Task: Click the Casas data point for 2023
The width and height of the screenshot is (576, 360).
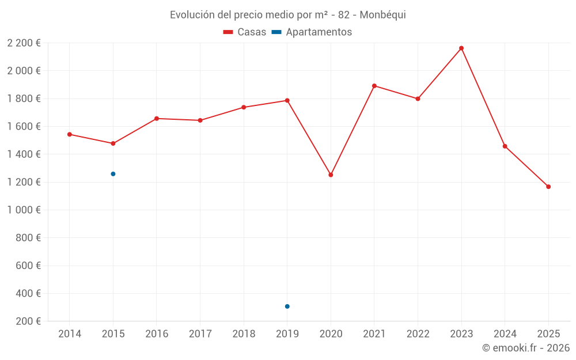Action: [x=461, y=48]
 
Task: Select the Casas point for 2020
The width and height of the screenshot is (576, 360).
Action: [x=331, y=175]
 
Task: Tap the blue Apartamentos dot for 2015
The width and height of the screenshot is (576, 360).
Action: [x=113, y=174]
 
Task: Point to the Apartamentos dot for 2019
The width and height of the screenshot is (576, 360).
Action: [x=287, y=306]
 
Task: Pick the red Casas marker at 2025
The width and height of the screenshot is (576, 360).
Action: [x=548, y=187]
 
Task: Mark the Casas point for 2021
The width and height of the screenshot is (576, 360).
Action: [x=374, y=86]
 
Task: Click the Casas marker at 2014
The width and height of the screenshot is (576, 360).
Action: [x=70, y=134]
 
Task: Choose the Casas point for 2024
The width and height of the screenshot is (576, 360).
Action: [x=505, y=146]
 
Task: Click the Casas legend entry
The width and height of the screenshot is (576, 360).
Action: [x=245, y=32]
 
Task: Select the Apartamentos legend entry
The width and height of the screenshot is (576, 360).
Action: [x=312, y=32]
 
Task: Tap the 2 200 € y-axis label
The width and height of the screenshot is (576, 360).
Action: [x=24, y=43]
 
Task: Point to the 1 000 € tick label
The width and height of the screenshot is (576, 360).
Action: [x=24, y=210]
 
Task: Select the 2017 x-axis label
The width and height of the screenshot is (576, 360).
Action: [x=200, y=334]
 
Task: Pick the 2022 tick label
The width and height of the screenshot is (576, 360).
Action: [x=418, y=334]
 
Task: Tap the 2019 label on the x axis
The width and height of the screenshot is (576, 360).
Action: [x=287, y=334]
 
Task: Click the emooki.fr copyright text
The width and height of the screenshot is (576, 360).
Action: [x=526, y=348]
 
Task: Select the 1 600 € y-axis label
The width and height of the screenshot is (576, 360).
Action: [x=24, y=127]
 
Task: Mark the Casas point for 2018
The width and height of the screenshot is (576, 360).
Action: [x=244, y=107]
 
